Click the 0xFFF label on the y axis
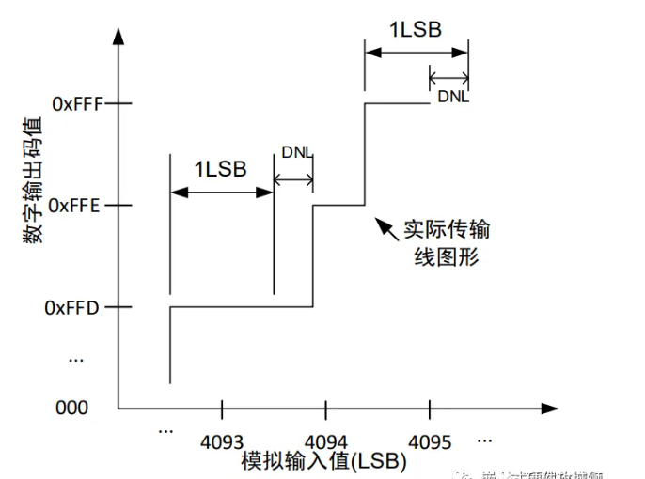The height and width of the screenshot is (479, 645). click(x=77, y=104)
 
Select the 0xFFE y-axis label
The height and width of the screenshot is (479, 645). click(x=76, y=205)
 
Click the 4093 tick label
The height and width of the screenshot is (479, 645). click(x=223, y=440)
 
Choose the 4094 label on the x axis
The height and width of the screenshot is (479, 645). click(x=326, y=440)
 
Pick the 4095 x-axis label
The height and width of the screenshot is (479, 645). click(x=430, y=440)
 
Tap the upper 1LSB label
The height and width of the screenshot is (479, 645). click(x=415, y=28)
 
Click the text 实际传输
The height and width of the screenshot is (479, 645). click(x=446, y=230)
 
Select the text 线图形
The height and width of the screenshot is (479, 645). click(x=447, y=256)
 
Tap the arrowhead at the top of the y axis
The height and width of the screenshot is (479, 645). click(x=118, y=39)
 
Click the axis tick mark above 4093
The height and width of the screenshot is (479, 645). click(x=223, y=409)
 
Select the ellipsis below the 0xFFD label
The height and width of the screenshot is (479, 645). click(x=76, y=358)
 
